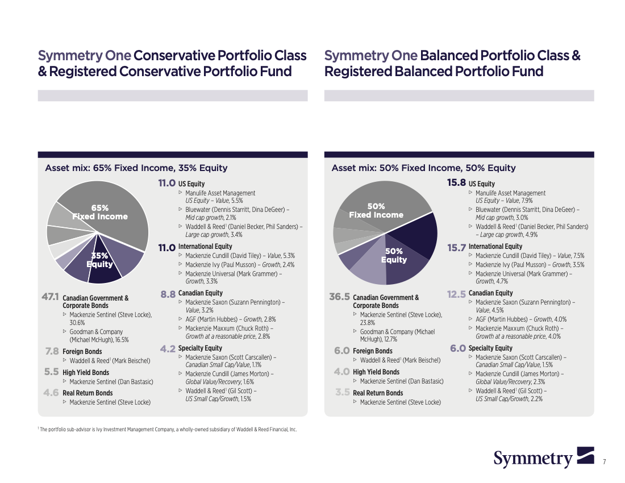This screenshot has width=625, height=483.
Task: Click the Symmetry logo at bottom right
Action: [x=544, y=458]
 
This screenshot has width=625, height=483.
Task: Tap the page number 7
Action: [x=605, y=462]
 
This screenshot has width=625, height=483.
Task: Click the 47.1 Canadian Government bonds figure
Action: [x=50, y=297]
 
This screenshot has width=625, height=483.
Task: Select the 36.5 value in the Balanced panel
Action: [x=339, y=297]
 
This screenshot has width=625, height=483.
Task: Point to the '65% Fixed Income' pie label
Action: [x=100, y=212]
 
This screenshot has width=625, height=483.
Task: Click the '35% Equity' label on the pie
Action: [x=99, y=260]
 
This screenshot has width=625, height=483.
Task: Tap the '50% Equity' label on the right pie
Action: [x=394, y=256]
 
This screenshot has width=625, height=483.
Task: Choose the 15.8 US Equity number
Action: [x=456, y=182]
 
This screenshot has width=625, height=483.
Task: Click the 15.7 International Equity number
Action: [x=456, y=248]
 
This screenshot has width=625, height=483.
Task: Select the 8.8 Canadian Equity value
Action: [x=168, y=294]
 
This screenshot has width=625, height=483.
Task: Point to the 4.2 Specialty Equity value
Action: [x=168, y=349]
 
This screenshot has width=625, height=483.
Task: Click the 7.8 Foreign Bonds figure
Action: [x=52, y=352]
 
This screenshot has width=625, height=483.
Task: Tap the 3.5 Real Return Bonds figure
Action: [x=343, y=392]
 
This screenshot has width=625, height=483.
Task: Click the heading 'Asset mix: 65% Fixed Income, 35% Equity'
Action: [x=136, y=168]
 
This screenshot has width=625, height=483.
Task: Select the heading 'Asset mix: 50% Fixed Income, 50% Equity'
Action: [x=424, y=168]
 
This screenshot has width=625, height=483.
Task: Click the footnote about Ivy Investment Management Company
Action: [x=168, y=430]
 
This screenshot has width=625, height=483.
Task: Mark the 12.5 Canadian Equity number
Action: [x=456, y=294]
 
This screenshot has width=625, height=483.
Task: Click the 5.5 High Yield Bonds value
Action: [x=51, y=372]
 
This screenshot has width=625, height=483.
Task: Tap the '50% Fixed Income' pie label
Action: [x=376, y=210]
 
